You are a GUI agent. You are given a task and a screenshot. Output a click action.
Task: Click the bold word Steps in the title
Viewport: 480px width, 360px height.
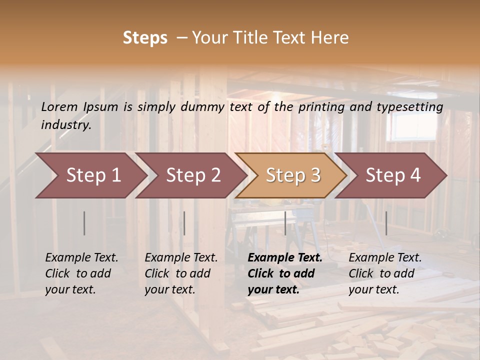click(x=145, y=38)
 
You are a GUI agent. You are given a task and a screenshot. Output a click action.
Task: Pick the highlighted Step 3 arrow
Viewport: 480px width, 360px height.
click(x=293, y=175)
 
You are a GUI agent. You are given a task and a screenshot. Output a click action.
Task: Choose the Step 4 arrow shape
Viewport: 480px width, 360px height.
click(x=393, y=175)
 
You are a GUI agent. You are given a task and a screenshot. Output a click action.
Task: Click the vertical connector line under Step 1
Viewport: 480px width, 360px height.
click(x=84, y=223)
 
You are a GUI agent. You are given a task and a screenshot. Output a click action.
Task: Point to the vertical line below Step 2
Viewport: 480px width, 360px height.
click(x=184, y=223)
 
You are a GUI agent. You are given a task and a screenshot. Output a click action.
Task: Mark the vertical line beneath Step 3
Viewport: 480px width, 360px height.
click(x=285, y=223)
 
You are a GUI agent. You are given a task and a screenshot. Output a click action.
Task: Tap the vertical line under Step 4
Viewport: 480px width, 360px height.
click(x=386, y=223)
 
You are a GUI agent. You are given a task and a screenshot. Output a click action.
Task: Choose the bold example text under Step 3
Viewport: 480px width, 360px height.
click(x=284, y=273)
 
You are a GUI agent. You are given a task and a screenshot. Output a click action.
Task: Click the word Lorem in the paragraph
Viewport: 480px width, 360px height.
click(x=59, y=106)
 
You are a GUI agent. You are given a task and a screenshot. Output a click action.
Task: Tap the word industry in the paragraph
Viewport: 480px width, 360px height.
click(x=66, y=125)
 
